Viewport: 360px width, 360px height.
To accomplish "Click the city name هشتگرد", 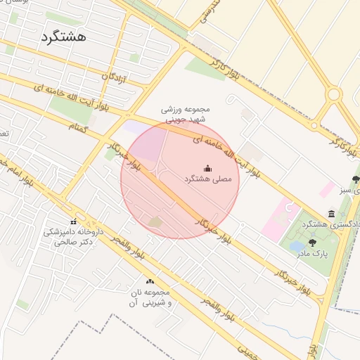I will coord(64,37).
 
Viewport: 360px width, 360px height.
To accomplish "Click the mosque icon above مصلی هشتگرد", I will coord(207,169).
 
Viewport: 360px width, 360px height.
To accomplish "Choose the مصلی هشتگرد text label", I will coord(207,180).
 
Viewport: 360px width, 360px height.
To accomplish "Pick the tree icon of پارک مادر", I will coord(312,243).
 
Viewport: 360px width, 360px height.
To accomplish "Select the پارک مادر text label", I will coord(312,253).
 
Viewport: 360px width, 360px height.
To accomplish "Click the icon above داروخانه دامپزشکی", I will coord(73,222).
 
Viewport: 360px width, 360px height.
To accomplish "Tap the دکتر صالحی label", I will coord(72,241).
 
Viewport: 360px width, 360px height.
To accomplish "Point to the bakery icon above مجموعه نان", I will coord(149,282).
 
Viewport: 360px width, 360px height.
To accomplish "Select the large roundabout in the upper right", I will coord(334,94).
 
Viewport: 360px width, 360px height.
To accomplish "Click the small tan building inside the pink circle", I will coord(155,222).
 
